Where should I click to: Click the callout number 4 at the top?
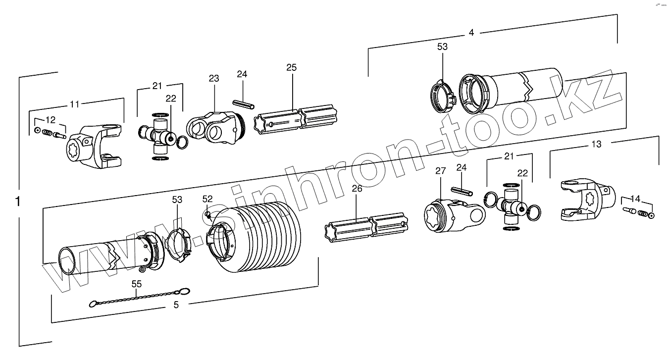point(471,33)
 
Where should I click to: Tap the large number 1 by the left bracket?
point(18,202)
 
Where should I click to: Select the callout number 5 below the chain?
point(176,305)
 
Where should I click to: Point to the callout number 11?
point(74,104)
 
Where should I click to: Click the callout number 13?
point(597,144)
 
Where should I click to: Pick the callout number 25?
point(291,67)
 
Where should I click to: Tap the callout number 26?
point(357,188)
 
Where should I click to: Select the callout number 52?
point(207,199)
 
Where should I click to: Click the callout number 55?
point(136,284)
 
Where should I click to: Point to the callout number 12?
point(50,120)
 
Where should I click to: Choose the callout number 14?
point(636,199)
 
